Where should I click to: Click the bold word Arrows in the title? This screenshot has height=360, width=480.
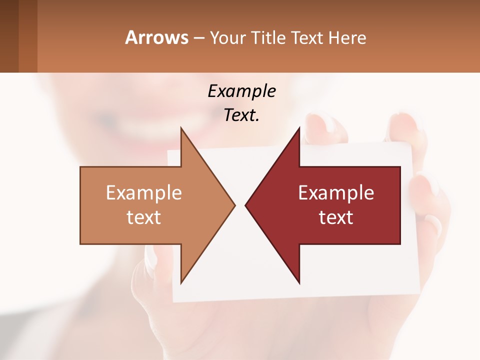pos(157,37)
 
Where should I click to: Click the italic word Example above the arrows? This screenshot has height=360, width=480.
pos(241,91)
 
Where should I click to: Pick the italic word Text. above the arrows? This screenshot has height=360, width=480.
pos(241,115)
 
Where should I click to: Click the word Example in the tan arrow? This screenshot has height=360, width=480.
pos(143,192)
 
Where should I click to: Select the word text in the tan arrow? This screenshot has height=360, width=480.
pos(143,217)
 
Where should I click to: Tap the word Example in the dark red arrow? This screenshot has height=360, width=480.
pos(336,192)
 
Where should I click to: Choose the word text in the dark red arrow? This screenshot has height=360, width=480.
pos(336,217)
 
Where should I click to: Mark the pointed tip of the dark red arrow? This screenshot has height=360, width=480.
pos(246,205)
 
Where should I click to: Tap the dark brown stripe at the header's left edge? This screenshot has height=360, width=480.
pos(9,36)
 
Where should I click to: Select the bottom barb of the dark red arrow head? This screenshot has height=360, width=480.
pos(298,280)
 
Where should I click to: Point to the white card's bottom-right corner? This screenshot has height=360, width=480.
pos(419,292)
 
